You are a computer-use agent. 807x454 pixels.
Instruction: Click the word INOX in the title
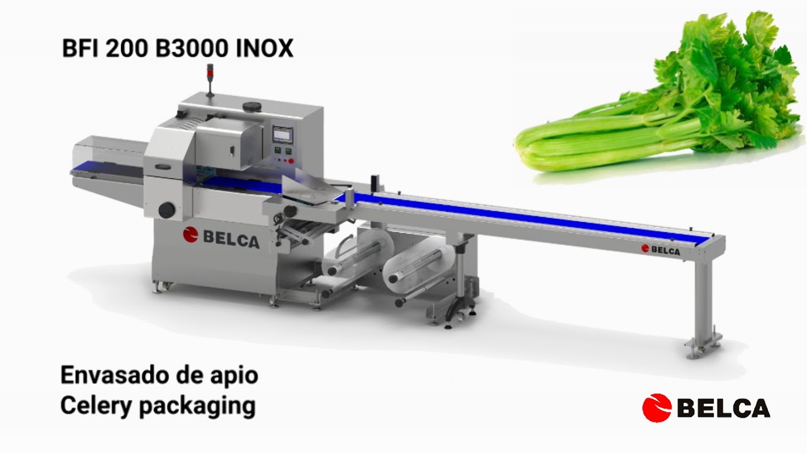click(x=265, y=49)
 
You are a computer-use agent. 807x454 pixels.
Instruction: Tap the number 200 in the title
click(x=127, y=49)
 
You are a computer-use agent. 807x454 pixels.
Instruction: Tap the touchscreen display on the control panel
click(x=282, y=135)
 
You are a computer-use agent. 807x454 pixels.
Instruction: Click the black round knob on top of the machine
click(x=252, y=106)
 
